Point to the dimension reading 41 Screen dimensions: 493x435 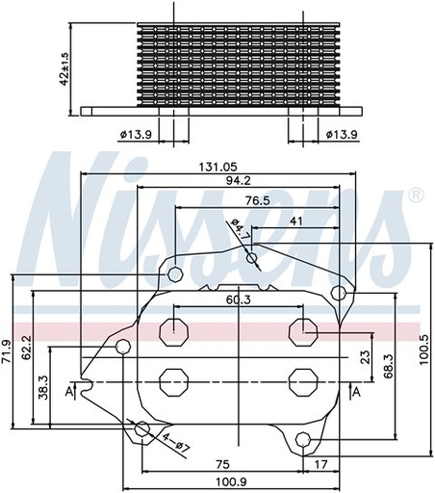point(296,221)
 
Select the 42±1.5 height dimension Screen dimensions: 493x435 point(64,67)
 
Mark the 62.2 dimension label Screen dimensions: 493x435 point(27,348)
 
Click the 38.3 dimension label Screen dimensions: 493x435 point(44,387)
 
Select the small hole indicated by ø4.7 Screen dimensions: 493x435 point(251,257)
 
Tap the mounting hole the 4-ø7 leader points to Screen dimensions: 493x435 point(142,428)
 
